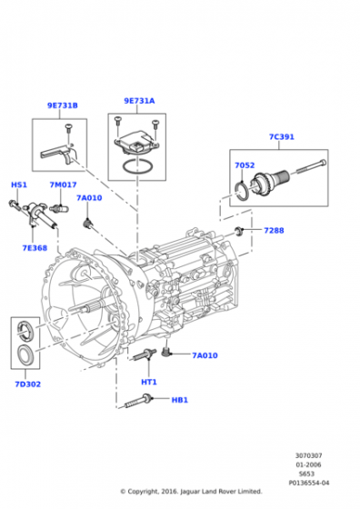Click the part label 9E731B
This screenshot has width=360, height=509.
[x=63, y=105]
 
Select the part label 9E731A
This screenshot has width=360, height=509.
[x=139, y=101]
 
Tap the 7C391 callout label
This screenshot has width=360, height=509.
[x=282, y=136]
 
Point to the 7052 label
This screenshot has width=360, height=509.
[x=245, y=165]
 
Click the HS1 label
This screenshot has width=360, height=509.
[x=19, y=185]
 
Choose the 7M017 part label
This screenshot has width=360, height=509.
[x=63, y=185]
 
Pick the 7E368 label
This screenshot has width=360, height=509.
[x=35, y=248]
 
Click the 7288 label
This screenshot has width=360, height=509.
[x=274, y=231]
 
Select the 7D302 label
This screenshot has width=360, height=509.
[x=28, y=384]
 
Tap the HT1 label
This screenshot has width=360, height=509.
[x=149, y=382]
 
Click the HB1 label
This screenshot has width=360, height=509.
[x=179, y=400]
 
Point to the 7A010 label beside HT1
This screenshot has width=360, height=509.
[x=205, y=355]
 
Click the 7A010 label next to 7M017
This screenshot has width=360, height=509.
[x=89, y=198]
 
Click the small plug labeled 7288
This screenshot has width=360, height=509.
[x=240, y=231]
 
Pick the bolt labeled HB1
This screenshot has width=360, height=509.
[x=137, y=401]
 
